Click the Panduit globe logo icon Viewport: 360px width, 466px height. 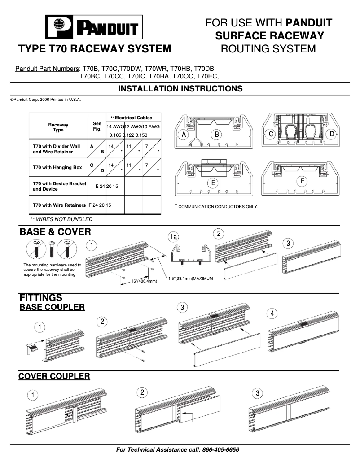59,27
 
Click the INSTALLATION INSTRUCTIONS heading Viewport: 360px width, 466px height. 180,89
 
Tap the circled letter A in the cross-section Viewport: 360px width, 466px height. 184,134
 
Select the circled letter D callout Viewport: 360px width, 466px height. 332,134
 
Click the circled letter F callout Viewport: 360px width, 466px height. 303,181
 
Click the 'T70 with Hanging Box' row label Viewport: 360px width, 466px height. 57,167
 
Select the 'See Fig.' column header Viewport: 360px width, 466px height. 97,126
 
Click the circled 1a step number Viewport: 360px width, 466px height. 173,236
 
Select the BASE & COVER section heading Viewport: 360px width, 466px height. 55,232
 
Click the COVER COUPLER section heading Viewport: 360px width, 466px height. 54,376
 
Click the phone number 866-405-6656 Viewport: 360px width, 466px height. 221,449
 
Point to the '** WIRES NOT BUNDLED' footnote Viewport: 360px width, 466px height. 61,219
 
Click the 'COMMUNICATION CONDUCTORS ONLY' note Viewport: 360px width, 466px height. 218,206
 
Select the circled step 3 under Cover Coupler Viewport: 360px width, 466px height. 257,393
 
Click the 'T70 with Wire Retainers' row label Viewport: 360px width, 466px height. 59,205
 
